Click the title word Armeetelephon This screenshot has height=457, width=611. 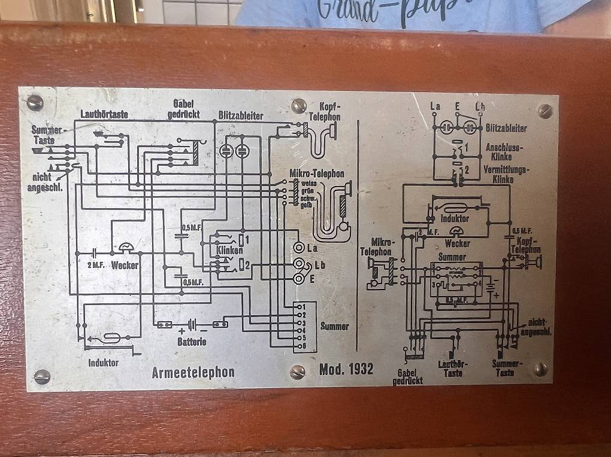pyautogui.click(x=193, y=372)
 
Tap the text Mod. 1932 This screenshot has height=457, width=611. pyautogui.click(x=346, y=368)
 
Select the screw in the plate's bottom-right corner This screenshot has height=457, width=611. pyautogui.click(x=540, y=370)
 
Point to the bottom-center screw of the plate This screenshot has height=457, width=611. pyautogui.click(x=297, y=372)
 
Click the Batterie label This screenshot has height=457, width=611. pyautogui.click(x=192, y=342)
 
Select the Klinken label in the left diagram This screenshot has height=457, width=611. pyautogui.click(x=230, y=250)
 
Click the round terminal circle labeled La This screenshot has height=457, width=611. pyautogui.click(x=298, y=248)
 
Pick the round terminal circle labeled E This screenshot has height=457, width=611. pyautogui.click(x=298, y=278)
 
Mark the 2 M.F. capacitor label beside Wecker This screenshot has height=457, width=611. pyautogui.click(x=95, y=265)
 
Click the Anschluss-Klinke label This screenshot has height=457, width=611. pyautogui.click(x=505, y=151)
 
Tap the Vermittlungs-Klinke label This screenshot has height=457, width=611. pyautogui.click(x=507, y=173)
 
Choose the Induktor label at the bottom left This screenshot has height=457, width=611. pyautogui.click(x=104, y=362)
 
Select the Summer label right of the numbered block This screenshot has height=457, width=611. pyautogui.click(x=334, y=326)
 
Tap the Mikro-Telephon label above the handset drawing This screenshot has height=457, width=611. pyautogui.click(x=317, y=173)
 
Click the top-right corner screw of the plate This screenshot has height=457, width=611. pyautogui.click(x=545, y=111)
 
